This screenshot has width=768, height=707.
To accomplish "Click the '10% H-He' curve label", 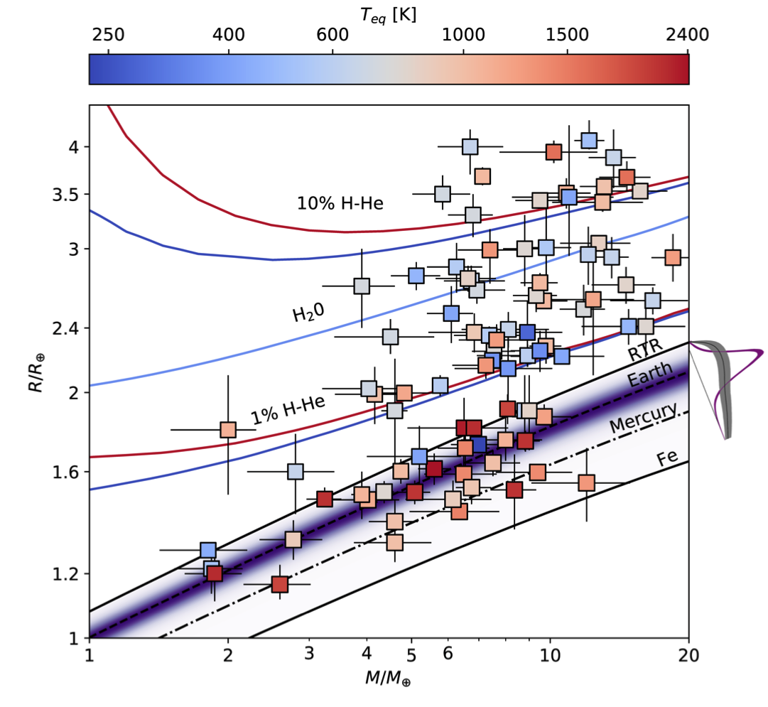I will (x=340, y=204).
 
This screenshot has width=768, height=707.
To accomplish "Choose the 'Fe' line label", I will (x=666, y=458).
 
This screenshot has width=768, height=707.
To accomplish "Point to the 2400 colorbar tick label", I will (x=688, y=35).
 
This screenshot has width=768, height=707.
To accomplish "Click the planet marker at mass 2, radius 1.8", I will (x=228, y=430).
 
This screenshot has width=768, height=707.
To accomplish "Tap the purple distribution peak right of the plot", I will (x=759, y=352).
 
